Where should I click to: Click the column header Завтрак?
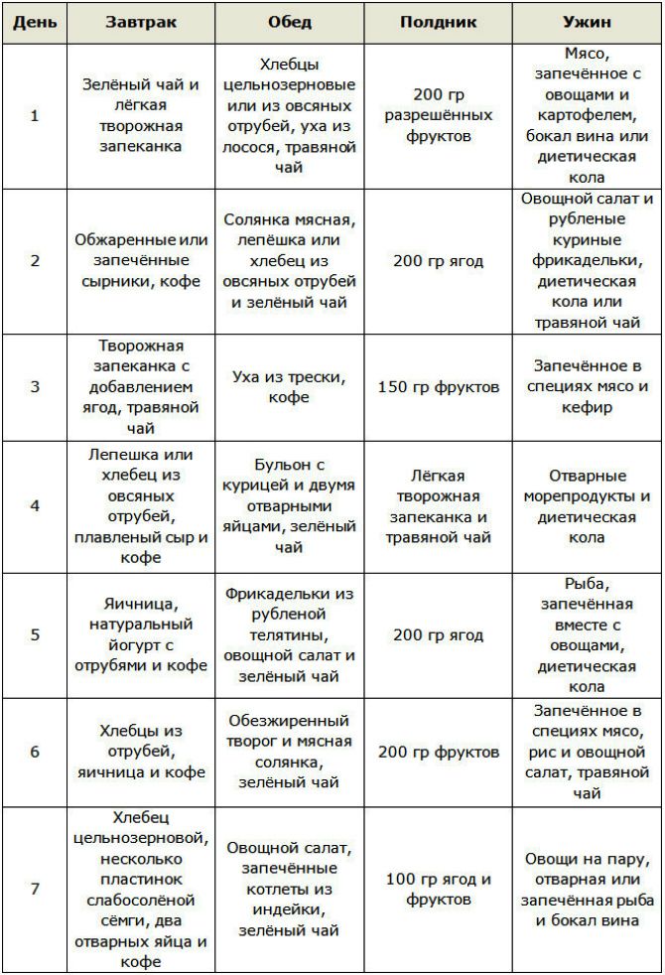(141, 22)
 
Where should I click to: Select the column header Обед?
(289, 22)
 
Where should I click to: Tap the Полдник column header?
(438, 22)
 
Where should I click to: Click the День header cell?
(35, 22)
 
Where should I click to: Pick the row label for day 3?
(35, 386)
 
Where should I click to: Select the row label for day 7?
(35, 889)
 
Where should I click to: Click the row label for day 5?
(35, 635)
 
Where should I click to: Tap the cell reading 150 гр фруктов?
(438, 386)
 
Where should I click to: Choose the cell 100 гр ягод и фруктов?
(438, 889)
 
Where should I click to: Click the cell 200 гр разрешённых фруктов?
(438, 116)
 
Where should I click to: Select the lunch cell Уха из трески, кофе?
(289, 386)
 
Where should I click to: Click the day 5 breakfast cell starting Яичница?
(141, 635)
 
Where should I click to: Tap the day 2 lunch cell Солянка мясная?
(289, 261)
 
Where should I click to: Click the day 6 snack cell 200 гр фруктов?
(438, 752)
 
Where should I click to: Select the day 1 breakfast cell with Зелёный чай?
(141, 116)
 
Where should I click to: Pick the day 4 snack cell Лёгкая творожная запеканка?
(438, 505)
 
